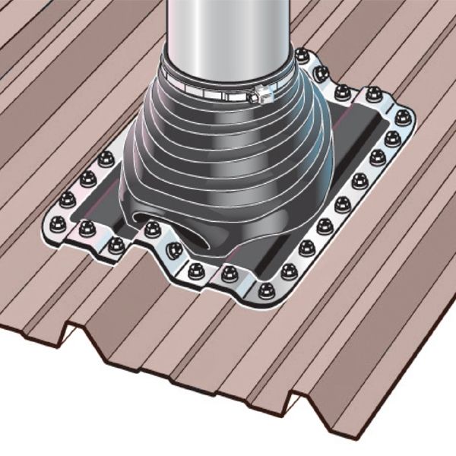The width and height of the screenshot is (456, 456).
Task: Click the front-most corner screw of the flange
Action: (x=265, y=290)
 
